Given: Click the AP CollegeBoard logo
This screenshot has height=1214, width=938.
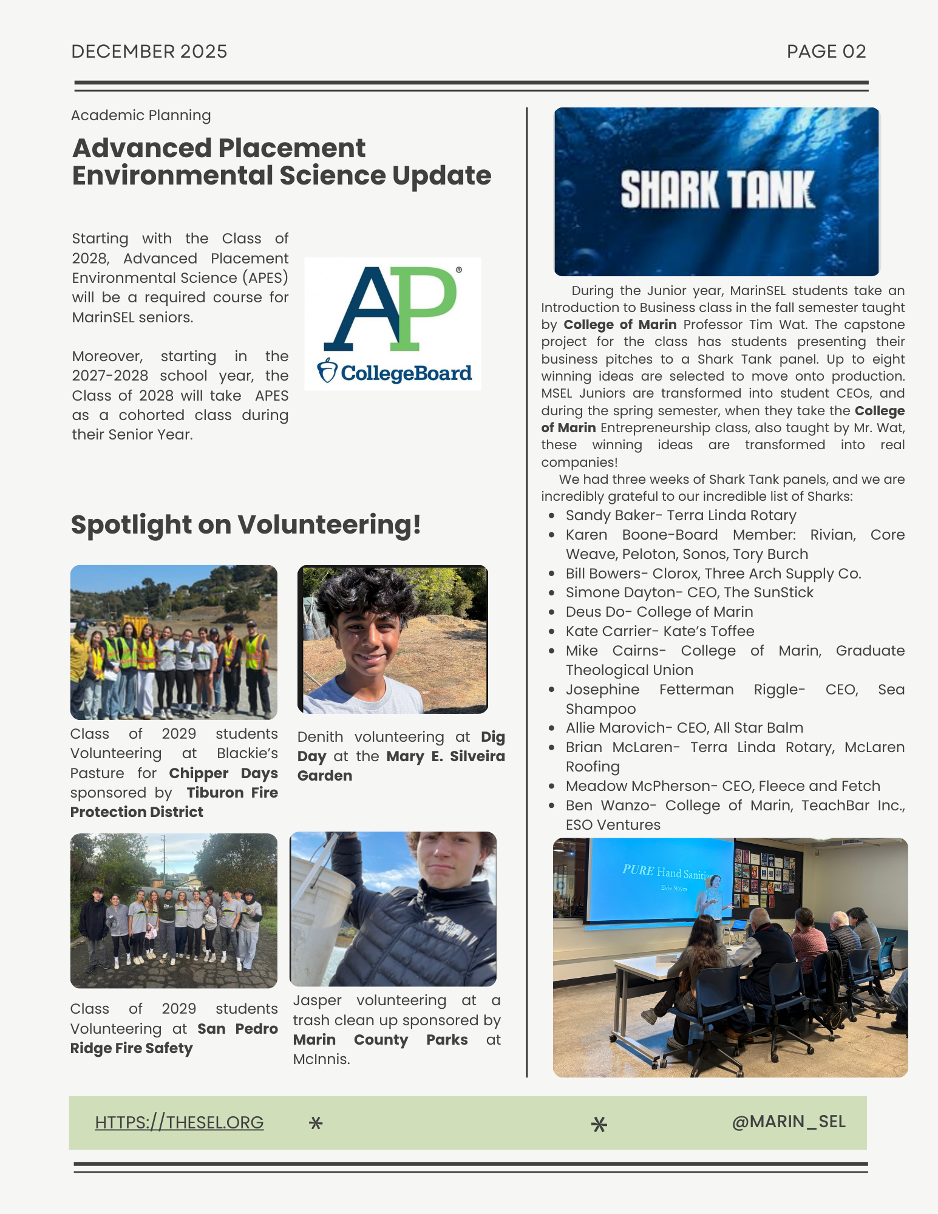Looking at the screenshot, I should [393, 324].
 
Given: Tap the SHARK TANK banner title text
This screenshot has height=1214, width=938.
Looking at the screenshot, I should [716, 190].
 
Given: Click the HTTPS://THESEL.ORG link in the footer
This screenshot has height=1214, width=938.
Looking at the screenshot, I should [179, 1122].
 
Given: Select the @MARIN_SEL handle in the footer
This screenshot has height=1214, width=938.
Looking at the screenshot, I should [788, 1121].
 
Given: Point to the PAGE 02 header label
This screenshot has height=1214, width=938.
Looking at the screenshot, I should [826, 52].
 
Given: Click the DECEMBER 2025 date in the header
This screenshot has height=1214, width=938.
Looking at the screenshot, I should [149, 52].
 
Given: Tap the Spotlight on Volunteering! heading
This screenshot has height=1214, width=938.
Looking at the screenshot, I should [246, 524].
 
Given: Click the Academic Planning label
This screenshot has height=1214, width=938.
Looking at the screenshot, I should [141, 115].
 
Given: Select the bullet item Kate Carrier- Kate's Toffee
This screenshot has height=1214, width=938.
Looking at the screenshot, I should [659, 631].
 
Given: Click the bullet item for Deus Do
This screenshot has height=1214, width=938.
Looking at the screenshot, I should [659, 612].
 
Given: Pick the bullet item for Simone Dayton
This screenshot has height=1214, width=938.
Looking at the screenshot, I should [689, 592].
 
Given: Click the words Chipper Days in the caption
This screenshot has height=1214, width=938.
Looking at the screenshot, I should [223, 773].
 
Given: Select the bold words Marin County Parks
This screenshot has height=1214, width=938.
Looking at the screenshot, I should [380, 1040].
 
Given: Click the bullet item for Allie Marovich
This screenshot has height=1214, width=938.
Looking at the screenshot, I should [684, 728].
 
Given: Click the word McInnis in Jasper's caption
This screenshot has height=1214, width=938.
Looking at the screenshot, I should [321, 1059].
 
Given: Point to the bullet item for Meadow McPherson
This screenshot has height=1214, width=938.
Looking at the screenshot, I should [722, 786].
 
